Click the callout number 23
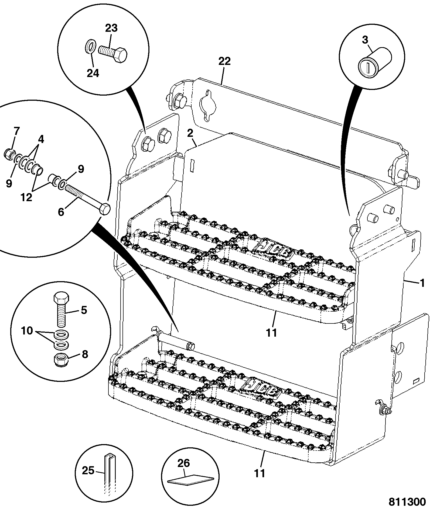tap(111, 28)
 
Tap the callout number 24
tap(93, 73)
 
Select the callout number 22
tap(224, 61)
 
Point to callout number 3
tap(365, 40)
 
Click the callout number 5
tap(84, 310)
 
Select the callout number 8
tap(85, 354)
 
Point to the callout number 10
tap(27, 330)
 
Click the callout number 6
tap(61, 212)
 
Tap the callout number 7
tap(16, 132)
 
